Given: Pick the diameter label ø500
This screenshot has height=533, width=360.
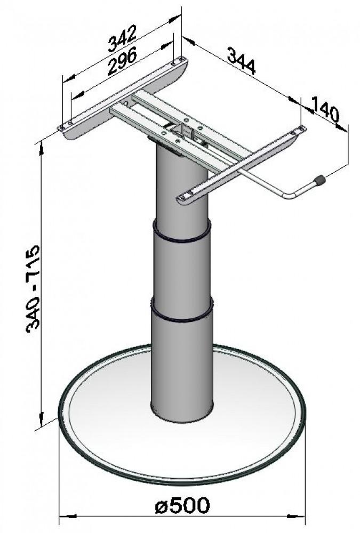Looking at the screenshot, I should tap(182, 505).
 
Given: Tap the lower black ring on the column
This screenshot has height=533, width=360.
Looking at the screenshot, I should tap(182, 314).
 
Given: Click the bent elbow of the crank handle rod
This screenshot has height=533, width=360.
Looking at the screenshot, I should tap(289, 198).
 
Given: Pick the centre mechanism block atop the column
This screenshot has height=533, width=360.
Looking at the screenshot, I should tap(184, 131).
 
